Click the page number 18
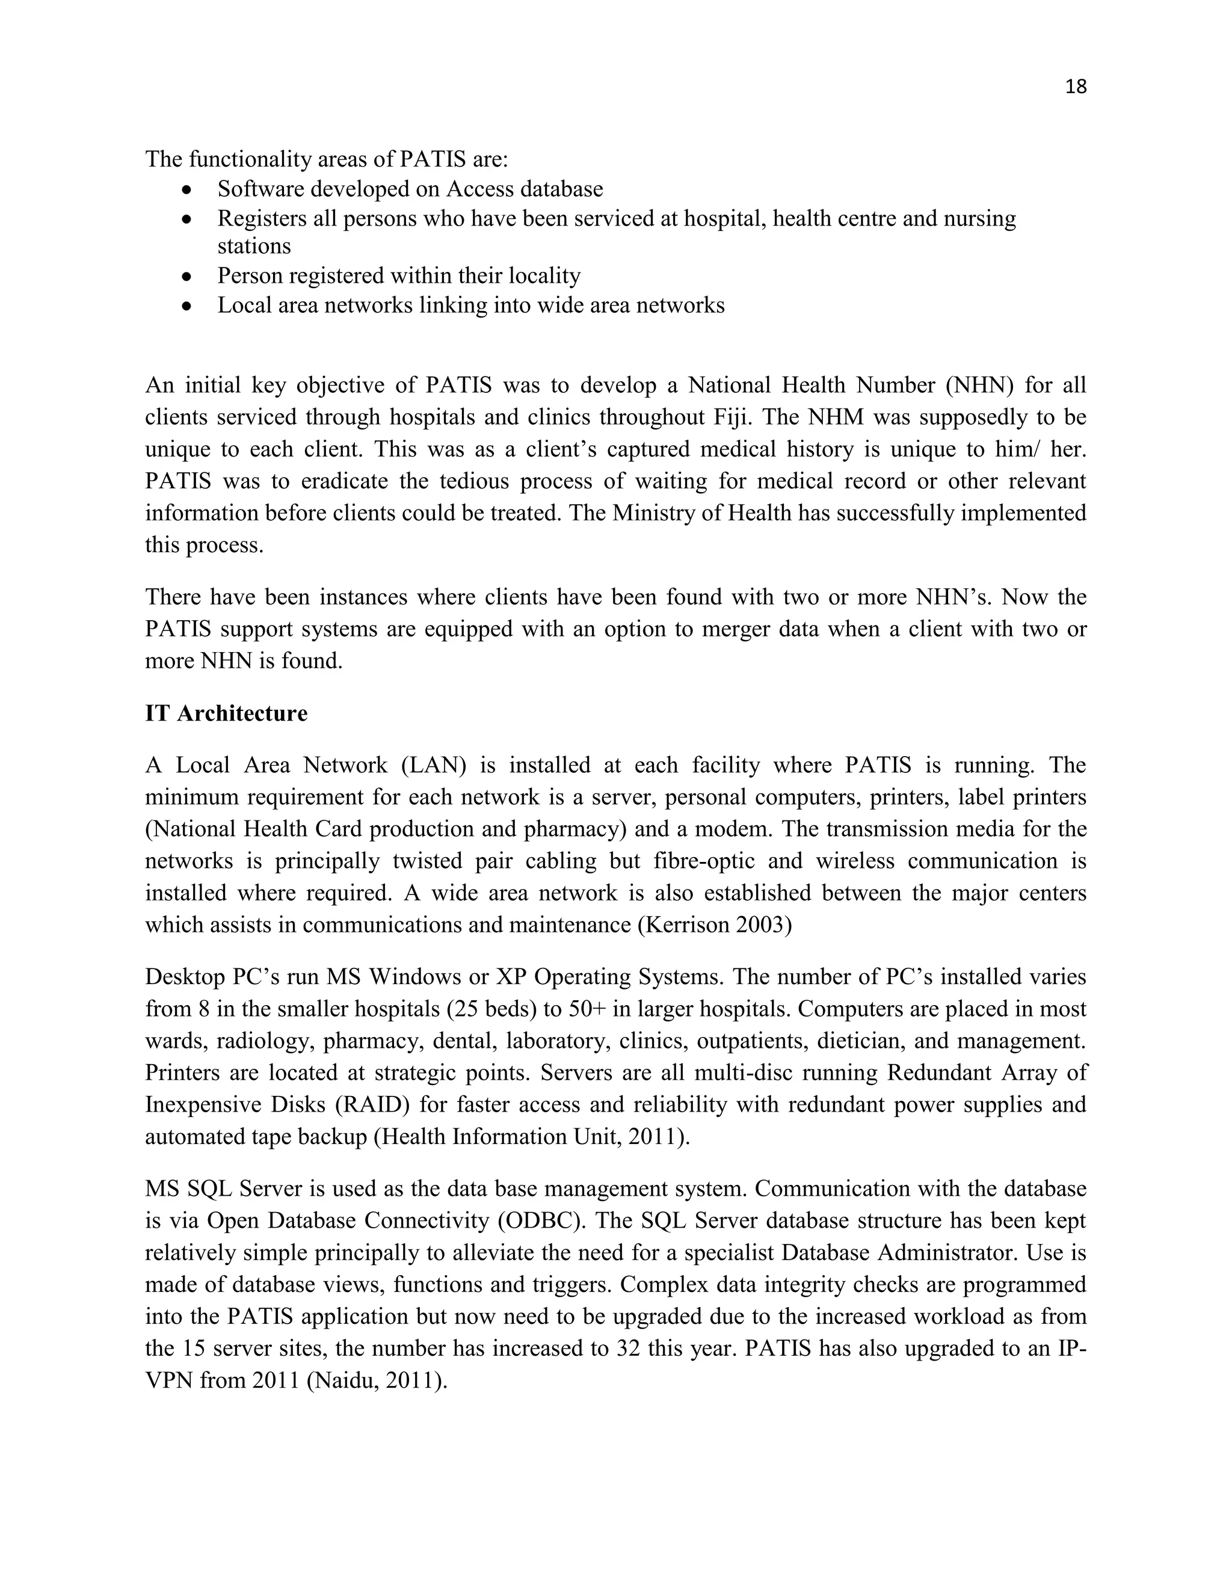(1076, 87)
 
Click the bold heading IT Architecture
(226, 713)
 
